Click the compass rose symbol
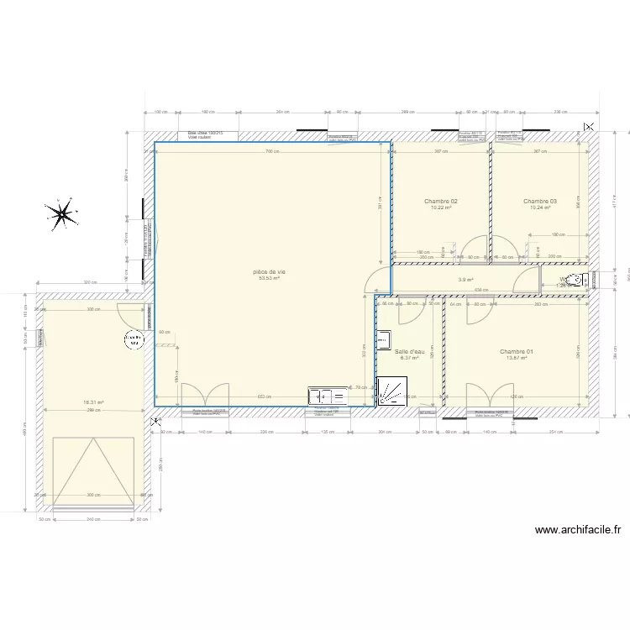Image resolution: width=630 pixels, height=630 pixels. tap(61, 215)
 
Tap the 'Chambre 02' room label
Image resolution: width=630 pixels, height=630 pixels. tap(440, 202)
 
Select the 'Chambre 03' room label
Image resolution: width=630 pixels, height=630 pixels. tap(539, 202)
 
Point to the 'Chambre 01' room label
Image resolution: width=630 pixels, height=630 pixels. tap(517, 352)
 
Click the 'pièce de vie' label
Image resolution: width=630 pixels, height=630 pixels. tap(270, 272)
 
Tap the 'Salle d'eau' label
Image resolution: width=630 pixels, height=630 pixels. tap(409, 352)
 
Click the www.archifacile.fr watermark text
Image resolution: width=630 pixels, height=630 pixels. tap(577, 530)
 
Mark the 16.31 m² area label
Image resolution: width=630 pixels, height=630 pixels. tap(93, 402)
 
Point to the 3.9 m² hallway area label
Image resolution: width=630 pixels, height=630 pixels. tap(465, 281)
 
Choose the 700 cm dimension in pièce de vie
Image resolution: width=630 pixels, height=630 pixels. tap(270, 152)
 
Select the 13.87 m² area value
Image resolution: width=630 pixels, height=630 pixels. tap(517, 359)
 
